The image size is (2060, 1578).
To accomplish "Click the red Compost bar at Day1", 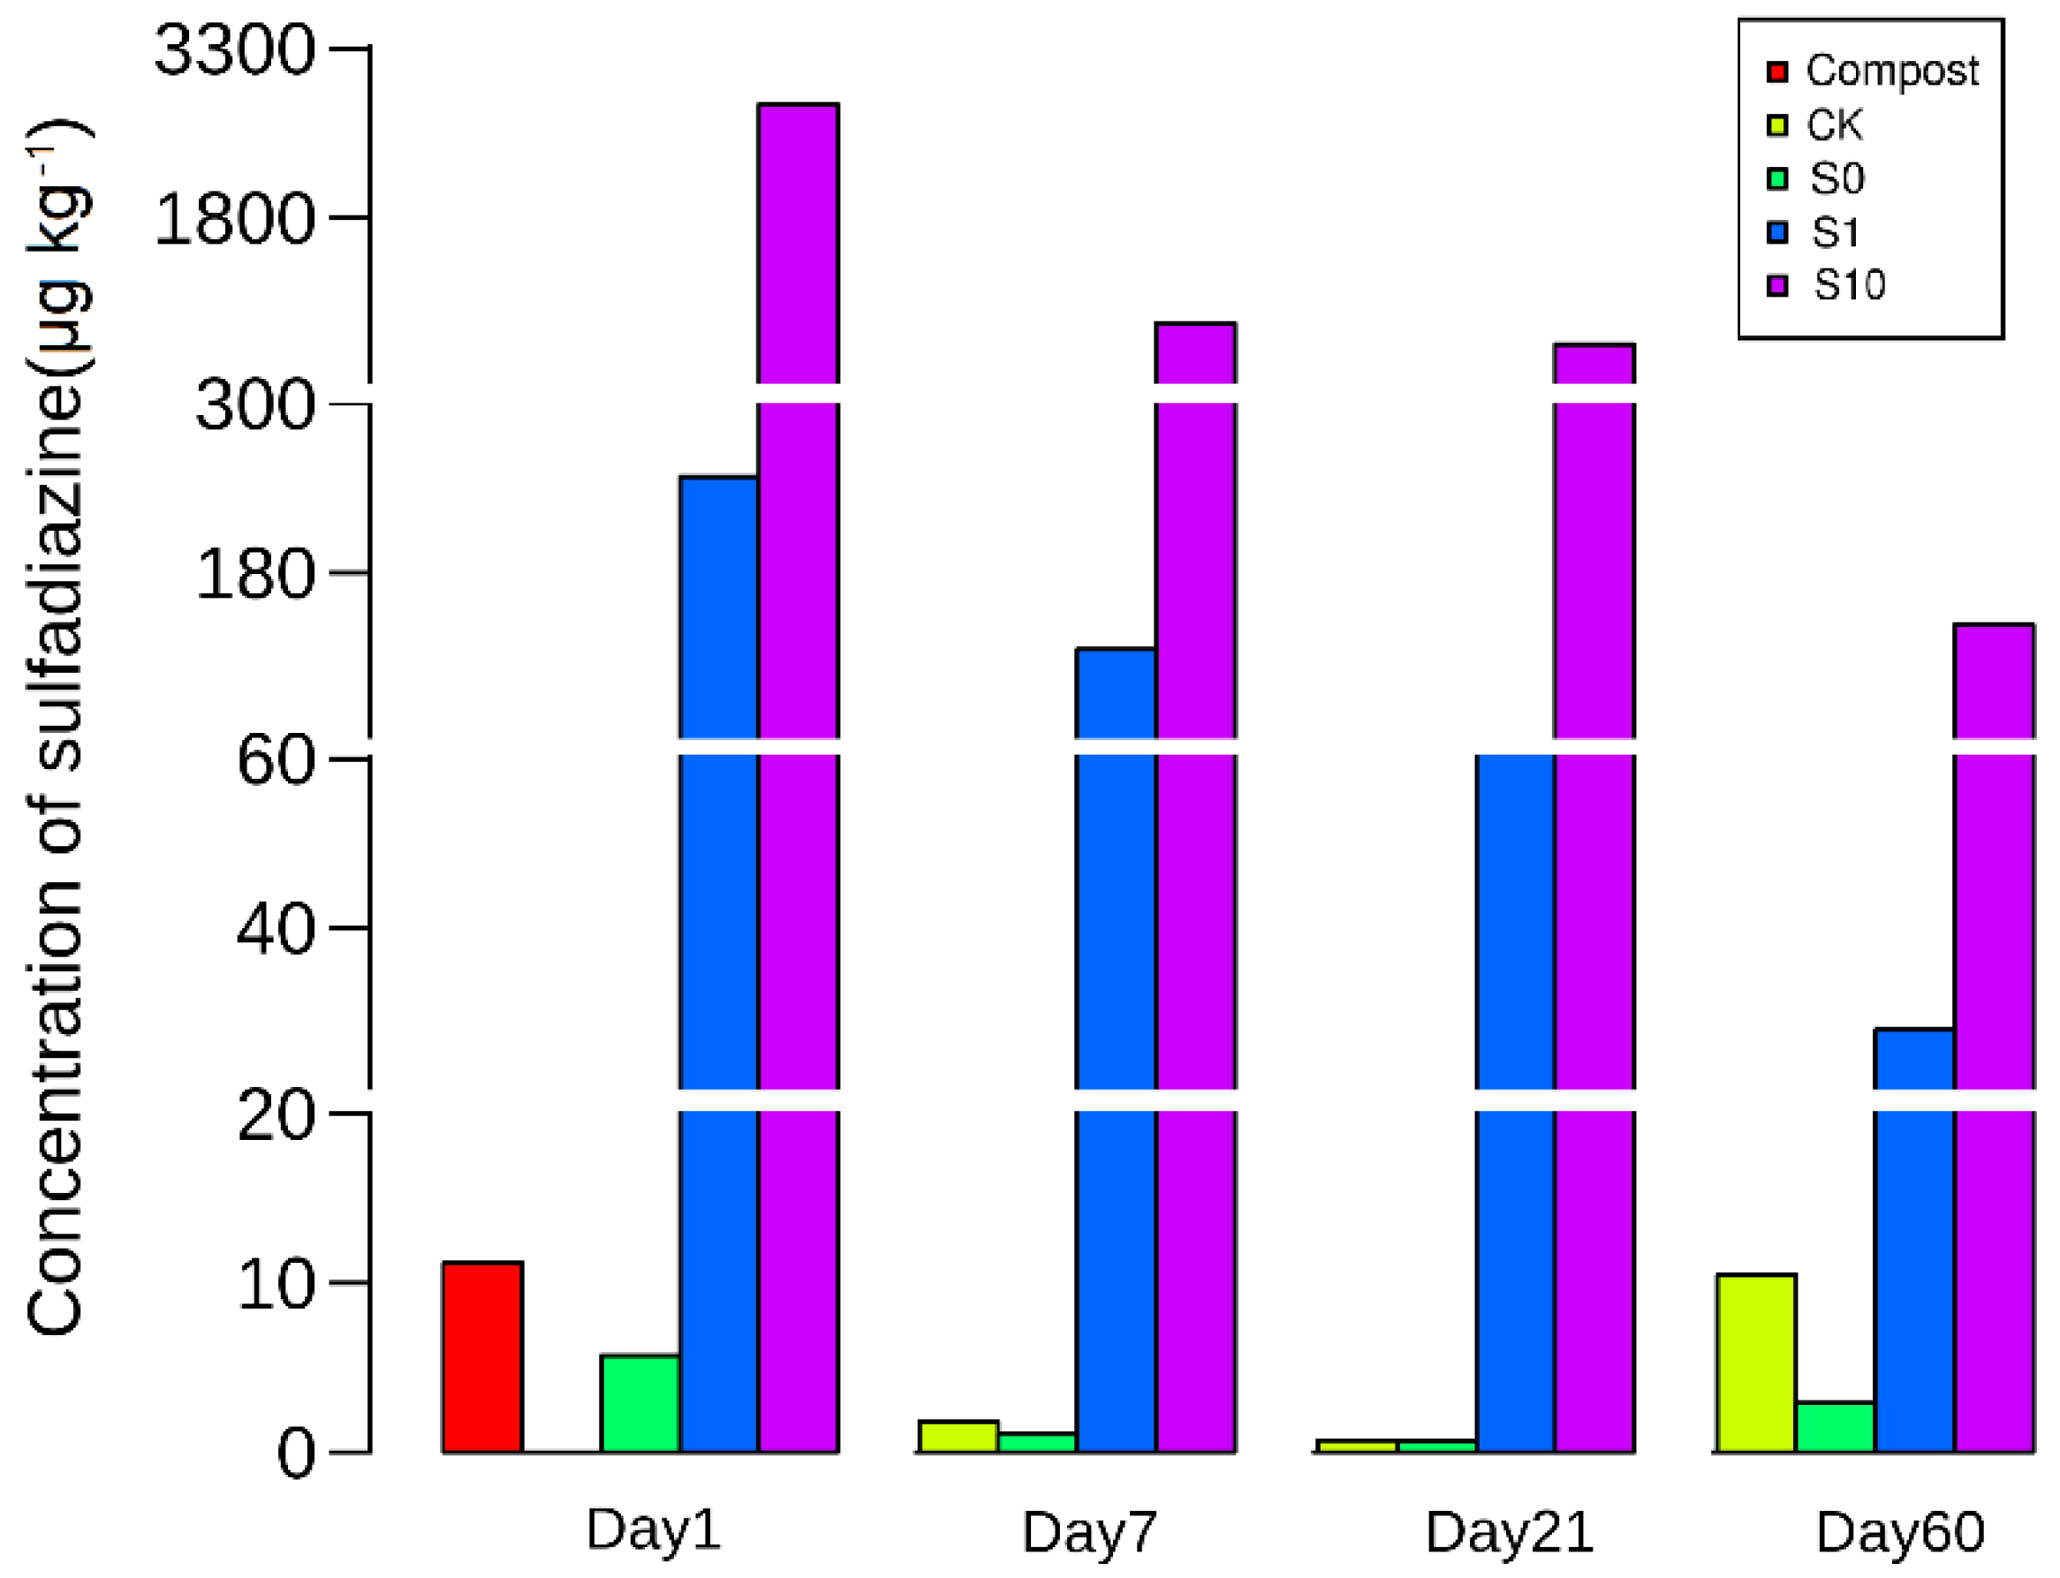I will click(482, 1357).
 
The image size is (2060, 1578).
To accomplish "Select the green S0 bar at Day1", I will click(640, 1403).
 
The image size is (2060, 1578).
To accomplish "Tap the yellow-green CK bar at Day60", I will click(1754, 1363).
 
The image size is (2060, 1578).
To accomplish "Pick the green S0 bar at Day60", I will click(1834, 1427).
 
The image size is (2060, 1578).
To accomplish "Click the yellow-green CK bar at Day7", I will click(958, 1436).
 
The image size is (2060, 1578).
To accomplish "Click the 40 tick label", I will click(275, 930).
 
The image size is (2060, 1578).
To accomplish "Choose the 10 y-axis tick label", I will click(275, 1285).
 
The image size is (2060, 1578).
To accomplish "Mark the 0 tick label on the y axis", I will click(296, 1454).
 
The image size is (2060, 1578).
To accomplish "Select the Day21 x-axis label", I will click(1509, 1532).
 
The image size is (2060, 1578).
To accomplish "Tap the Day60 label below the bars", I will click(1899, 1532).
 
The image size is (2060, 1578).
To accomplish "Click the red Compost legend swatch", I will click(1776, 72).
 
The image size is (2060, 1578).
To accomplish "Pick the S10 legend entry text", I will click(1848, 284).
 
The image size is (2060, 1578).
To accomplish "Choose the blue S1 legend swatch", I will click(1776, 232).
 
